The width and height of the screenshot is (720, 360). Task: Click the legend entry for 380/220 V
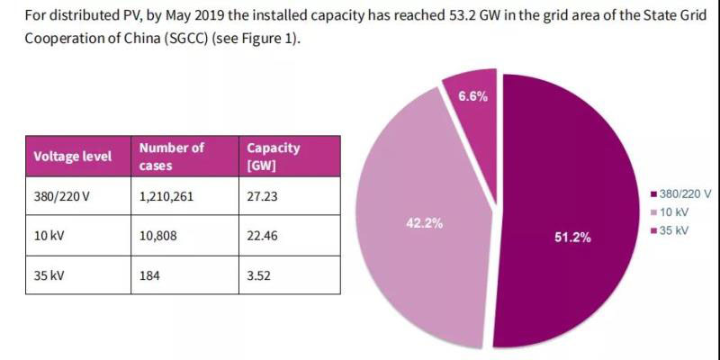(x=684, y=193)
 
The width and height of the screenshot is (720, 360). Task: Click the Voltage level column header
(x=73, y=156)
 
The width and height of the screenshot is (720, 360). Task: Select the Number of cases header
(x=172, y=156)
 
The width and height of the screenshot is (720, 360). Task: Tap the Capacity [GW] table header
(x=274, y=156)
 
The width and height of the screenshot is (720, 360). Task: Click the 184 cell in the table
(x=149, y=274)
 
